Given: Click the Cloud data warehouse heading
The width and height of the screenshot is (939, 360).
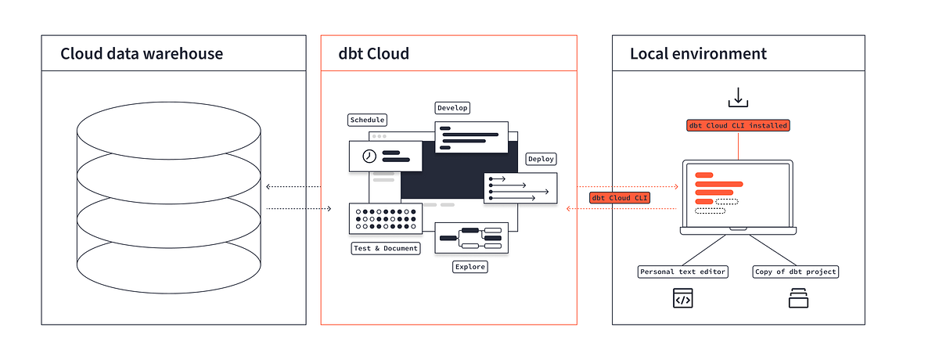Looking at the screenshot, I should click(x=142, y=54).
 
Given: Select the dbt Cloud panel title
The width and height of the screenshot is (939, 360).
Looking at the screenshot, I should click(x=373, y=54).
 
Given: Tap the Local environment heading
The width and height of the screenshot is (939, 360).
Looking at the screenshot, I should click(x=698, y=54).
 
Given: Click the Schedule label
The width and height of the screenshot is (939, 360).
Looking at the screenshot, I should click(x=367, y=120).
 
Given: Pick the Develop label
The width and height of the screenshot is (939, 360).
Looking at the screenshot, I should click(x=453, y=107).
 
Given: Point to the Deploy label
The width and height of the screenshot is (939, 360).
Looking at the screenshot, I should click(x=541, y=159).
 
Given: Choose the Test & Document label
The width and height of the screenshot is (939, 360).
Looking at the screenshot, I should click(x=386, y=248).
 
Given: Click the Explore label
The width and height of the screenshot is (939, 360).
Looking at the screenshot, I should click(x=469, y=267).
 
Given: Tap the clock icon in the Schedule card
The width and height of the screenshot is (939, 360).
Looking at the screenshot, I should click(x=369, y=157).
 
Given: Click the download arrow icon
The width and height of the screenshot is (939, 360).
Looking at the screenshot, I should click(x=737, y=97).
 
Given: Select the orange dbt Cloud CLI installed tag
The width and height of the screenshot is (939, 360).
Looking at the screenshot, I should click(x=738, y=125).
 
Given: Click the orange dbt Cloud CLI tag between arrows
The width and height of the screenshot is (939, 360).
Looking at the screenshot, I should click(x=621, y=198).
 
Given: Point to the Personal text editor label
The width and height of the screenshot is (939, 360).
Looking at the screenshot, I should click(x=683, y=272).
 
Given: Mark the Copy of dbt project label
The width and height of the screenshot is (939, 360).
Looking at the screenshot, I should click(x=796, y=272).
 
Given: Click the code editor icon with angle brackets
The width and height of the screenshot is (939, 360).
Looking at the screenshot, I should click(x=683, y=298).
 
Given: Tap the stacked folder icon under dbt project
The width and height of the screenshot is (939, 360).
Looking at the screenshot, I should click(x=798, y=298).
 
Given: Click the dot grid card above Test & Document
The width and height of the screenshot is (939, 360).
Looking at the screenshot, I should click(x=386, y=219).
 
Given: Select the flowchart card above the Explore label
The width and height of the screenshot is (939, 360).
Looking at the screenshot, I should click(x=471, y=237).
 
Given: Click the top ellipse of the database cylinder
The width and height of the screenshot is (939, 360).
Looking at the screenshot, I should click(x=168, y=129).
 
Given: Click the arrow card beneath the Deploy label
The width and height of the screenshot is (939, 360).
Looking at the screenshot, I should click(x=520, y=189).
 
